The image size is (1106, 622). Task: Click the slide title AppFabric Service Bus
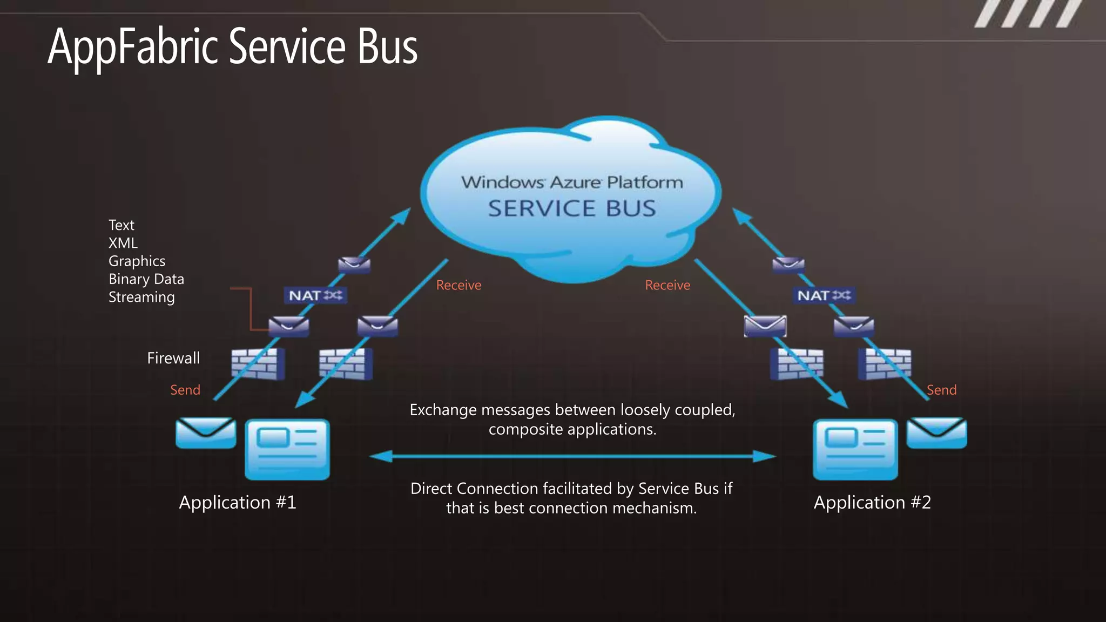232,48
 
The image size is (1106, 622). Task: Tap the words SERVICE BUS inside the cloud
571,208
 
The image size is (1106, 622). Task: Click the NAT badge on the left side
315,295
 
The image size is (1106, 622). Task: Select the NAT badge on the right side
824,295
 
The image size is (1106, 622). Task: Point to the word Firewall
173,358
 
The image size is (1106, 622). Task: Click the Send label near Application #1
185,390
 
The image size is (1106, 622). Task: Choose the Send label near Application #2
941,390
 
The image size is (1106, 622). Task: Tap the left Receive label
458,285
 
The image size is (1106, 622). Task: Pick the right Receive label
667,285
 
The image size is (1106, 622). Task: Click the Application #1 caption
238,502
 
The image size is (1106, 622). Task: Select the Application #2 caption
872,502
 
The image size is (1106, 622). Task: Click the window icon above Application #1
287,449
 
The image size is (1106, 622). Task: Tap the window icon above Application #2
855,449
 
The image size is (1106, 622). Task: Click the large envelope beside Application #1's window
206,432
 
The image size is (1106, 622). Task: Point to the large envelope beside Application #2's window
936,432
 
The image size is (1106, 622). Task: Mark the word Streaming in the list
141,297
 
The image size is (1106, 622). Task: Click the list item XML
123,243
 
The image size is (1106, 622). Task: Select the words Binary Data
146,279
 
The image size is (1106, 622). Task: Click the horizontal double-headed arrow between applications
572,457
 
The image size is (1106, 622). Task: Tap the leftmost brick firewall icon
258,364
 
